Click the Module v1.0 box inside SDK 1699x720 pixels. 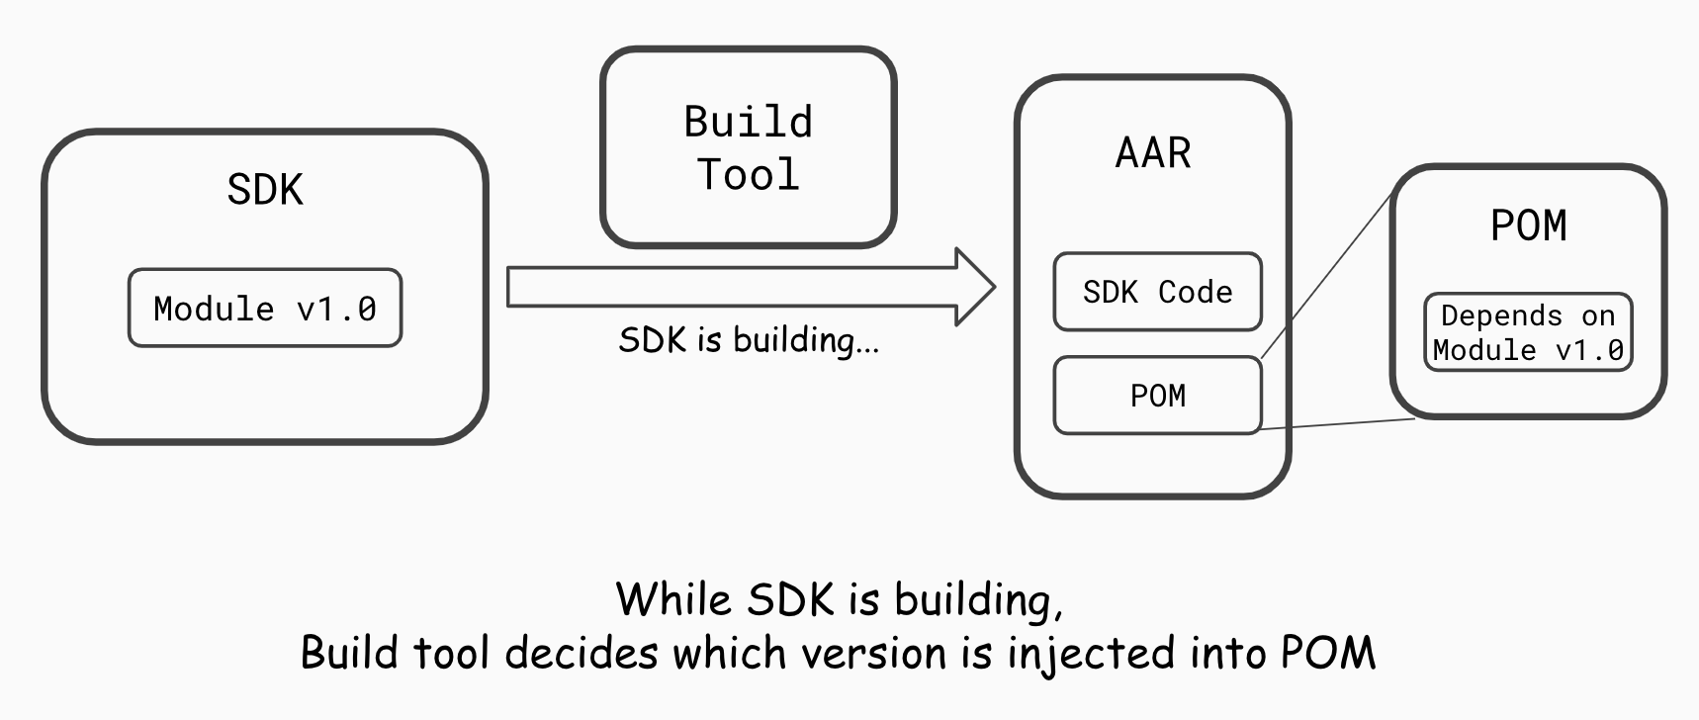(265, 309)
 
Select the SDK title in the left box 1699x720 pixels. (264, 189)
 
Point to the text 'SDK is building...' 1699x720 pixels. (749, 340)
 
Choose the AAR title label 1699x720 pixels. (1153, 153)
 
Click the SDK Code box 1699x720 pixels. (1157, 292)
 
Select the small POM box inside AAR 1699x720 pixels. (1157, 396)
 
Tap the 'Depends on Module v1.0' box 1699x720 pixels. (1528, 332)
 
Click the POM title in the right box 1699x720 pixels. (1528, 225)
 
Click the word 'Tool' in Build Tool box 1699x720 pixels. (749, 175)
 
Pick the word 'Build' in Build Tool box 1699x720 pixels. (749, 123)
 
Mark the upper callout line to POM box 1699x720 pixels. (1327, 275)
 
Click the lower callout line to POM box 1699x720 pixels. (1337, 424)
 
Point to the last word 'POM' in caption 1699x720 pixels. (1328, 653)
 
